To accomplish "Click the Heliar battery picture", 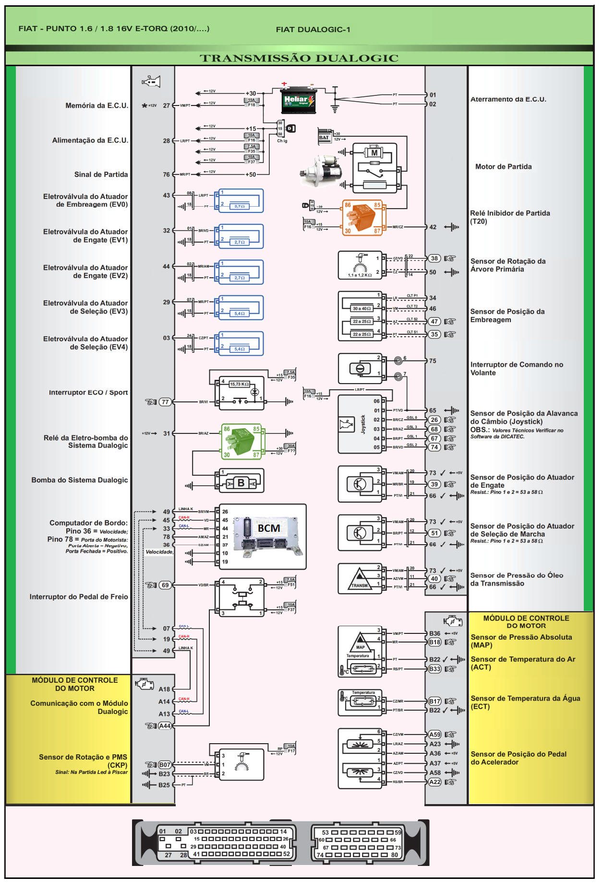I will point(298,100).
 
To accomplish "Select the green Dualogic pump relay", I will point(241,441).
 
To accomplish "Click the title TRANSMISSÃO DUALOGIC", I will point(299,58).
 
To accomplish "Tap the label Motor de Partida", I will point(503,167).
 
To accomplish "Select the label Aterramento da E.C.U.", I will point(508,99).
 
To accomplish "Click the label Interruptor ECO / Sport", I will point(88,393).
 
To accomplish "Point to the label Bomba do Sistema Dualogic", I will point(80,480).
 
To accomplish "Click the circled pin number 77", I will point(165,402).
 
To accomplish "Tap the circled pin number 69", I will point(165,585).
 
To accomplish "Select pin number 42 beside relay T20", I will point(433,227).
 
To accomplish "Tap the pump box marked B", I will point(241,483).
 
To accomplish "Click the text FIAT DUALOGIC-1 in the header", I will point(313,30).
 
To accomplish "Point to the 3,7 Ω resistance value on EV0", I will point(239,206).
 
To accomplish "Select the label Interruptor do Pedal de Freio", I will point(79,597).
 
